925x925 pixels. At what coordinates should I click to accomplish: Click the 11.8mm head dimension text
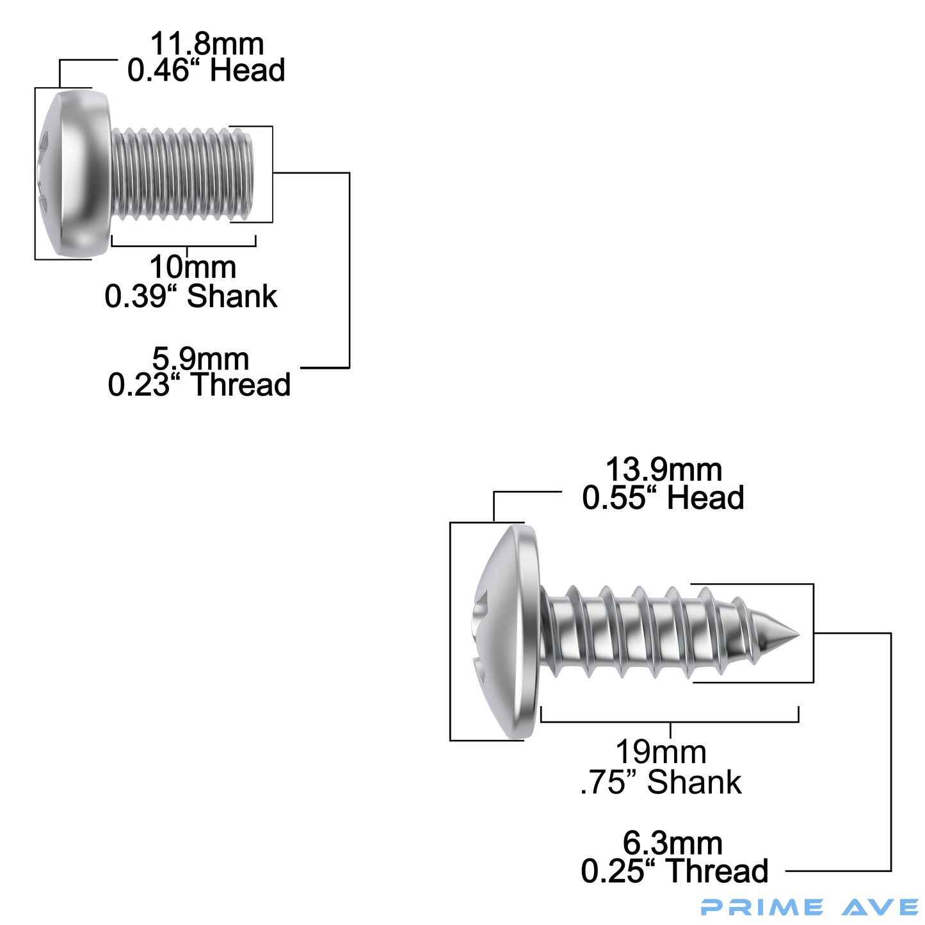[x=207, y=45]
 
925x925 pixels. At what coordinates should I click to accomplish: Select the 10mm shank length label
[x=193, y=268]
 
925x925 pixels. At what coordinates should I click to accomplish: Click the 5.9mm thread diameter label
[x=200, y=358]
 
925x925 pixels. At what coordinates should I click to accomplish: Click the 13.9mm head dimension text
[x=663, y=471]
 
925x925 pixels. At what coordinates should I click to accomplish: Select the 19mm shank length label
[x=661, y=753]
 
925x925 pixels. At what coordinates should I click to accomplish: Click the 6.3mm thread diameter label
[x=672, y=844]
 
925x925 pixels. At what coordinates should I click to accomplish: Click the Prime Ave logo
[x=809, y=907]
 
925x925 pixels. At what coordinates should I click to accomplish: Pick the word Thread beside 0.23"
[x=241, y=385]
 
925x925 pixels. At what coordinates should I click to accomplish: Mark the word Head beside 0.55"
[x=705, y=499]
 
